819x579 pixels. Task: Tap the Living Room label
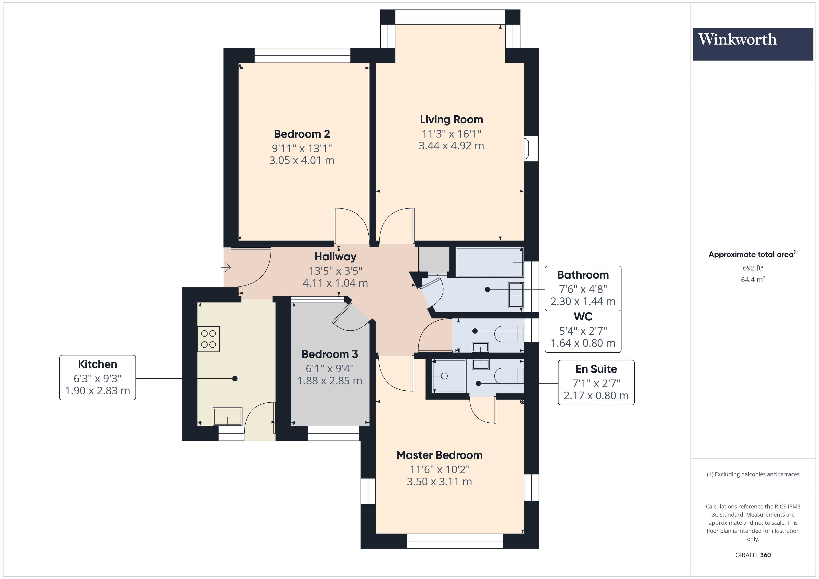[x=451, y=119]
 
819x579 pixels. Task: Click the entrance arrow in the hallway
[x=226, y=267]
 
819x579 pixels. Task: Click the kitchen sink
[x=227, y=416]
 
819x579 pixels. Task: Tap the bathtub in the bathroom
[x=489, y=262]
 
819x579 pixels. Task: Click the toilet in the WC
[x=508, y=334]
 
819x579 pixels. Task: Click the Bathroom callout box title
[x=583, y=275]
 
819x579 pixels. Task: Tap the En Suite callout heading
[x=596, y=369]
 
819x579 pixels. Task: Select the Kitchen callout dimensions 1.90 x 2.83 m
[x=97, y=391]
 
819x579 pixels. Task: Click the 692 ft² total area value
[x=753, y=268]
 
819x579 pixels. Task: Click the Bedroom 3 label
[x=330, y=354]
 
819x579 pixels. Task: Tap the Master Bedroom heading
[x=439, y=455]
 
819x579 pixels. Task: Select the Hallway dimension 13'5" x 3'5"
[x=335, y=271]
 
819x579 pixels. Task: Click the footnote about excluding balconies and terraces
[x=753, y=474]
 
